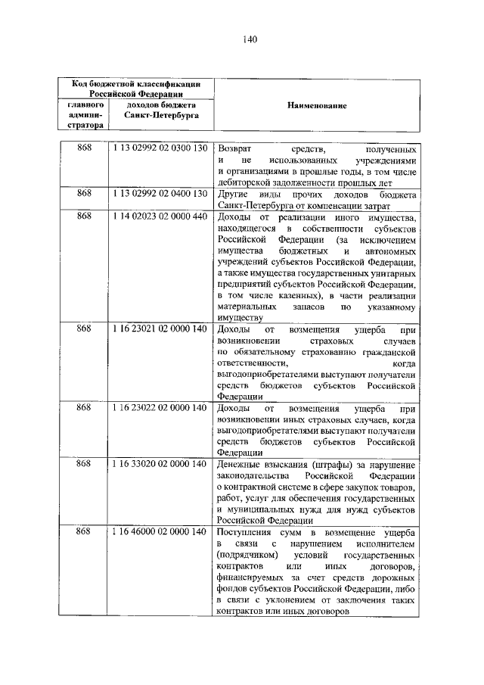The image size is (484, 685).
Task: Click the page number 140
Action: [241, 41]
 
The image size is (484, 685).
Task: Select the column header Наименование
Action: [316, 106]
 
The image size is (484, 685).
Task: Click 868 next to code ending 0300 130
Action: [84, 148]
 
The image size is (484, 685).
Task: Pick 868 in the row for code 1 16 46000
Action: [84, 532]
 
